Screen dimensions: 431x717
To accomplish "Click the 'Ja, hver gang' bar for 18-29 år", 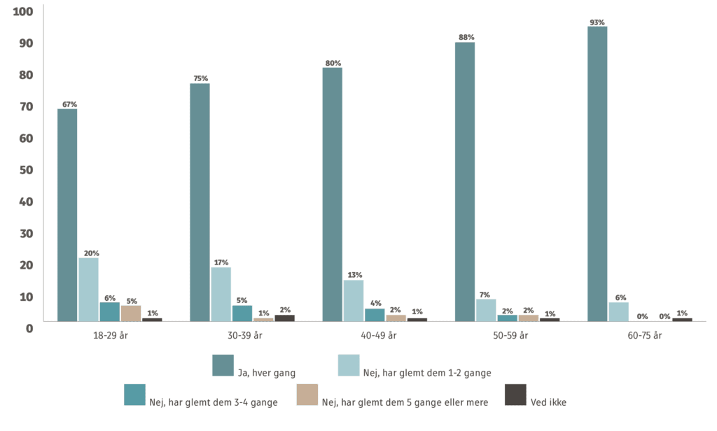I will point(67,215).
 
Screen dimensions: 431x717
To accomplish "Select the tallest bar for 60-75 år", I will point(597,174).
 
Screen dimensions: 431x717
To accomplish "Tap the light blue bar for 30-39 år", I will point(221,294).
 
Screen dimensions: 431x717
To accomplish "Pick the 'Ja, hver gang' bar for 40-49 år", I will point(333,194).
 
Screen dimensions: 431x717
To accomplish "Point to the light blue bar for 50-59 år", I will point(486,310).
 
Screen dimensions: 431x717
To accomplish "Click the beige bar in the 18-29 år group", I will point(131,313).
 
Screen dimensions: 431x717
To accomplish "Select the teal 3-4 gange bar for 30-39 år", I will point(242,313).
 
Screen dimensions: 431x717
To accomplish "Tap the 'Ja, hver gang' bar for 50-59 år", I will point(465,182).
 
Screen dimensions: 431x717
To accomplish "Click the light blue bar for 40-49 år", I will point(354,300).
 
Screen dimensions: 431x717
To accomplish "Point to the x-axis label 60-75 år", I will point(645,336).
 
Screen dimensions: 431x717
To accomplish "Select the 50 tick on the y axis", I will point(26,170).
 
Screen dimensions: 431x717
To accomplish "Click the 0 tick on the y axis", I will point(29,328).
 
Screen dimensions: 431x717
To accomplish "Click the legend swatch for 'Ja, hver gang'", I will point(223,365).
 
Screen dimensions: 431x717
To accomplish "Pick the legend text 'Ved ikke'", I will point(549,402).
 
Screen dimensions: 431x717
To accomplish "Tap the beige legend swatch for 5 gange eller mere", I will point(307,395).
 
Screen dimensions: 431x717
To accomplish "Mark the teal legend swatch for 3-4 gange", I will point(134,395).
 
